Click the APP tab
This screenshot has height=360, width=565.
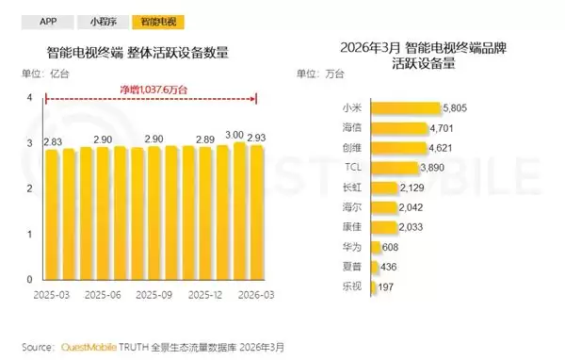tap(48, 22)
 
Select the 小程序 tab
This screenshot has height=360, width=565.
tap(103, 22)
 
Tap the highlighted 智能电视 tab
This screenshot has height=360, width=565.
tap(158, 22)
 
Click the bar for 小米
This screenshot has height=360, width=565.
tap(406, 108)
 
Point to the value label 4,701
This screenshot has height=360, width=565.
tap(442, 128)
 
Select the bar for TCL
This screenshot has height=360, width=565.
tap(395, 168)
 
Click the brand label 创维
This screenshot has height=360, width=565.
tap(351, 148)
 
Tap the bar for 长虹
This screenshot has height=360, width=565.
tap(384, 188)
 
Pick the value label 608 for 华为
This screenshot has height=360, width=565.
tap(390, 248)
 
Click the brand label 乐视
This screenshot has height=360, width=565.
tap(351, 286)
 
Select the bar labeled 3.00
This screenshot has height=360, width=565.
tap(239, 211)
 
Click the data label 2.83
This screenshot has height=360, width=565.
tap(53, 141)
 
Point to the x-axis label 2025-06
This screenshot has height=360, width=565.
tap(103, 295)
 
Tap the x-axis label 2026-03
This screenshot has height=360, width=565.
tap(256, 295)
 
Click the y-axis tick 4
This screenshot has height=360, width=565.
tap(29, 98)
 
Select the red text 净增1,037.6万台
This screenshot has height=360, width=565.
tap(153, 90)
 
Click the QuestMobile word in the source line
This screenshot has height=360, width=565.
tap(89, 348)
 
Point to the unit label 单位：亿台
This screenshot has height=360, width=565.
tap(45, 74)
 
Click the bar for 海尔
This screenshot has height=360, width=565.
tap(384, 207)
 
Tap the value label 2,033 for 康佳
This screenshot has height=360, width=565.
tap(411, 227)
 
